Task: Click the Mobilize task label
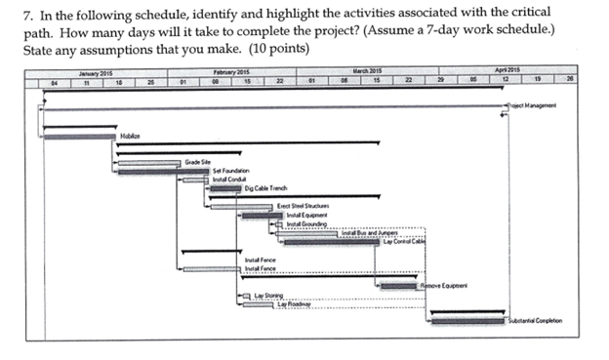pos(130,138)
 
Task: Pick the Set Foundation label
pos(229,171)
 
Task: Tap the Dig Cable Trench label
pos(266,188)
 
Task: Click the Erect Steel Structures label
pos(303,206)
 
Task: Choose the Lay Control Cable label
pos(404,241)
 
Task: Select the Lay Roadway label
pos(294,303)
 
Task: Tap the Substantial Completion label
pos(535,321)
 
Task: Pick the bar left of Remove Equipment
pos(398,285)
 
